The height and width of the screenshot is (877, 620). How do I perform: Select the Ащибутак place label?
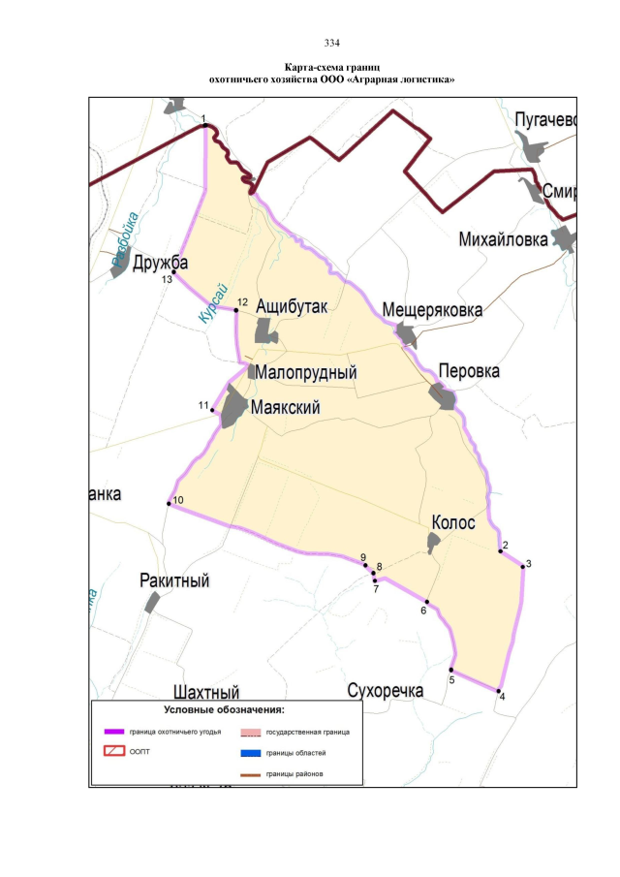coord(293,306)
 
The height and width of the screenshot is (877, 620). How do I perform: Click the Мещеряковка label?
coord(432,310)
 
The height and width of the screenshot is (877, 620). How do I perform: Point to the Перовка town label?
coord(469,371)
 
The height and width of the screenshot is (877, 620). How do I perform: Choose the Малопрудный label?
coord(309,373)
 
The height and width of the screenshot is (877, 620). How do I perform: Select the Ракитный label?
coord(174,580)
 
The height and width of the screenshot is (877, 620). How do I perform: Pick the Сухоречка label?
coord(386,691)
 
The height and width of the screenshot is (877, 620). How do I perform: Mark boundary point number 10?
coord(169,503)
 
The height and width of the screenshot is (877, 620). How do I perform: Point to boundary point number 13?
coord(174,271)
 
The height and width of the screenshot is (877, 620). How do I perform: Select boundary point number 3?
coord(522,566)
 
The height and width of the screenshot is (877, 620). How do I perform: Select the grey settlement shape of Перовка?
coord(443,395)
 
